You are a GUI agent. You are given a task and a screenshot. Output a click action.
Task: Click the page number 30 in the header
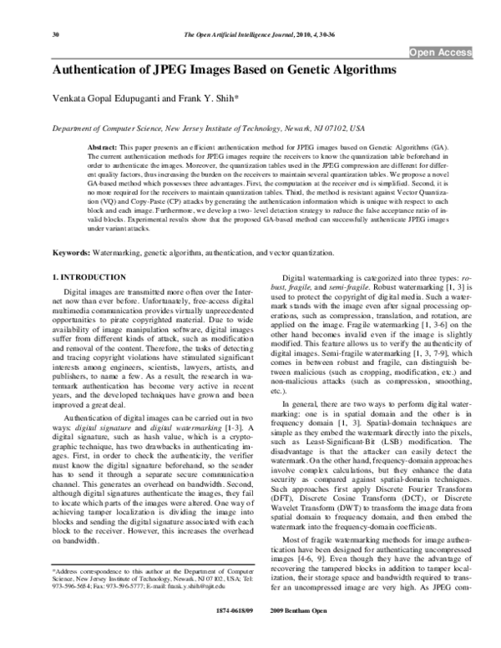32,34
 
